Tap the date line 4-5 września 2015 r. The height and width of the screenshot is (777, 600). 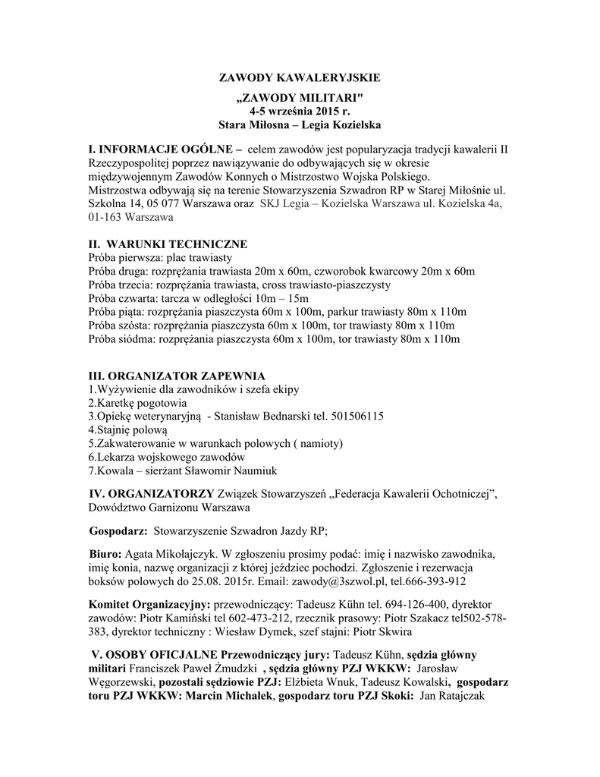(300, 111)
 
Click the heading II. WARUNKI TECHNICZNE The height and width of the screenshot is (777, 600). (168, 244)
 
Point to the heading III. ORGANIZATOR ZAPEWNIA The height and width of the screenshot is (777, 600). (177, 376)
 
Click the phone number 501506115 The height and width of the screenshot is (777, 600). (357, 417)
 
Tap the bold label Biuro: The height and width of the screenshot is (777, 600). (105, 553)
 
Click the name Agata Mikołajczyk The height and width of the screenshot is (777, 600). (172, 553)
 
